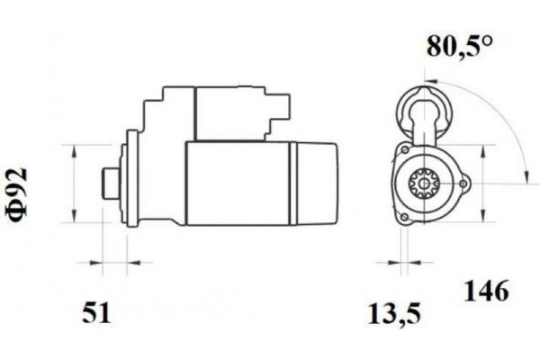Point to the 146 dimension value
point(487,292)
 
